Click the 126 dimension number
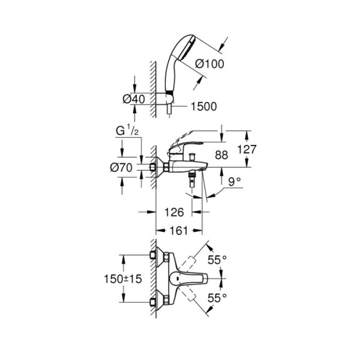(173, 211)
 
